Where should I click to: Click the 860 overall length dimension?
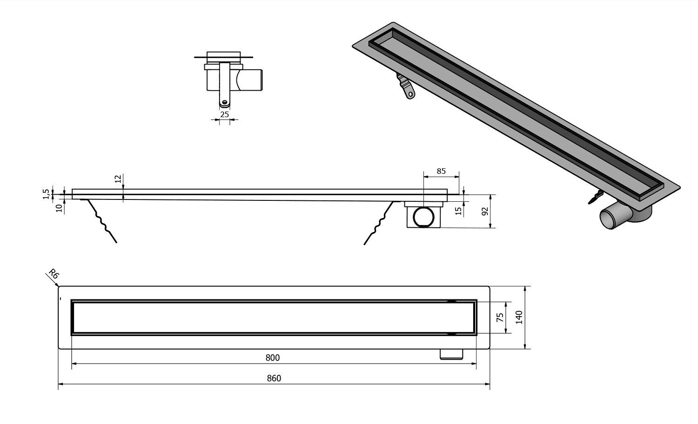click(274, 378)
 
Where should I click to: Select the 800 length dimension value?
click(273, 358)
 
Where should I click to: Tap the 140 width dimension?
click(519, 317)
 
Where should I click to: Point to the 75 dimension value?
click(500, 318)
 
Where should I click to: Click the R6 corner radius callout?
click(54, 274)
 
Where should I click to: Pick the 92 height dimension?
click(485, 211)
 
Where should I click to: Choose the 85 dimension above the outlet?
click(441, 171)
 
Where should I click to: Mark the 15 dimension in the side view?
click(458, 210)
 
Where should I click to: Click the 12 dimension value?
click(118, 179)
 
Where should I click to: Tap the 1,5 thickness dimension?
click(46, 194)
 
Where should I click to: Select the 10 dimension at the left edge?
click(59, 208)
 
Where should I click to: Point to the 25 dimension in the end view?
click(224, 114)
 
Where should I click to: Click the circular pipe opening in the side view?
click(424, 217)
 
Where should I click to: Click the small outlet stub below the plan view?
click(451, 354)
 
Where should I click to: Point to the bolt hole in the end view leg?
click(225, 102)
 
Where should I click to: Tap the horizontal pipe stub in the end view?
click(252, 80)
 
